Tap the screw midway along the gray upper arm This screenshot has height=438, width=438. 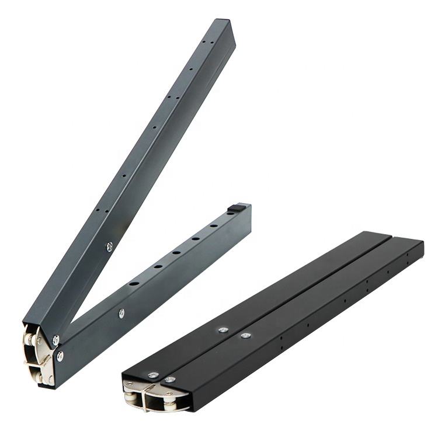click(109, 246)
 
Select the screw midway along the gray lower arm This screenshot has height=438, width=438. click(121, 313)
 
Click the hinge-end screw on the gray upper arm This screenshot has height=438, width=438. click(55, 338)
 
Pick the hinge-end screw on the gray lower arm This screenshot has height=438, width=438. click(60, 355)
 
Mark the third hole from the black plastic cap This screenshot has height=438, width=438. click(175, 253)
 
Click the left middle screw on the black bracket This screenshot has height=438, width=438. click(223, 329)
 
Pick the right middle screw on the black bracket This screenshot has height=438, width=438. click(245, 335)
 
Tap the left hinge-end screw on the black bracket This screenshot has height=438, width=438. click(152, 374)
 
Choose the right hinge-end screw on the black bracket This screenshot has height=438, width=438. click(170, 380)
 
